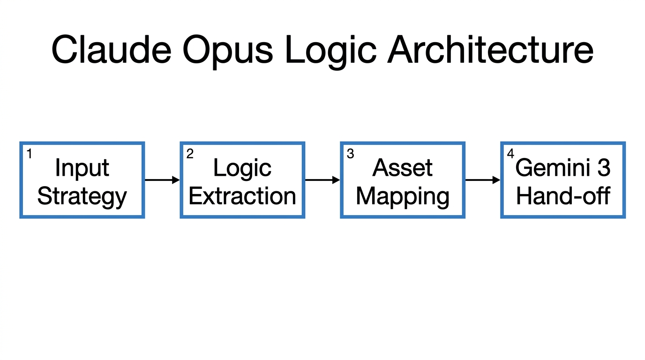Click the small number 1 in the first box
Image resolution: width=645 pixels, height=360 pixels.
tap(29, 154)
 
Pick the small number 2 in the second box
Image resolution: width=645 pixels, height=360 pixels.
tap(189, 154)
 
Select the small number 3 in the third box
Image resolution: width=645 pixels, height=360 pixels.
tap(350, 154)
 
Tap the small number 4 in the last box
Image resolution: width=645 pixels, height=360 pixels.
tap(510, 154)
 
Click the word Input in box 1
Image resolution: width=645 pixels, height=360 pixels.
tap(82, 168)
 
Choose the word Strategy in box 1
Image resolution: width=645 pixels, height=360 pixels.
tap(82, 196)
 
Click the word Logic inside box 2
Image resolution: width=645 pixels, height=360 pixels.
tap(242, 168)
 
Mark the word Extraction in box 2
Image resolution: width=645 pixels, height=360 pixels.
tap(242, 196)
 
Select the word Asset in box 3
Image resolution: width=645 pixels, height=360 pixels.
tap(403, 168)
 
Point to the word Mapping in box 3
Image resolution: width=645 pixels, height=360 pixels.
tap(403, 196)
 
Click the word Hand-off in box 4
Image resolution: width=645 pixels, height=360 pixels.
tap(563, 196)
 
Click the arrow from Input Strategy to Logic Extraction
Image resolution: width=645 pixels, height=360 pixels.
tap(162, 180)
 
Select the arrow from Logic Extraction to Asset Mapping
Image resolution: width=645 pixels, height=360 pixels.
tap(322, 180)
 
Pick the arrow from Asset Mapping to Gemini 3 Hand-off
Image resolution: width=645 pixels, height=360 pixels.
tap(483, 180)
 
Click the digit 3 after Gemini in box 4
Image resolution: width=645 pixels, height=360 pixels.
tap(604, 168)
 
